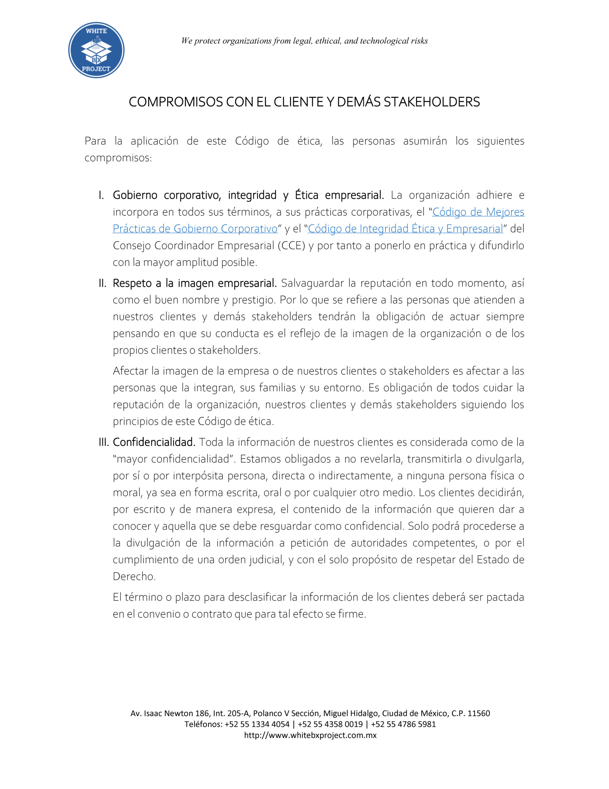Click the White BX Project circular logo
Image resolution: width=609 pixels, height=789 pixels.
tap(96, 50)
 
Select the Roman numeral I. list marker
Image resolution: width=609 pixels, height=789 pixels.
tap(101, 195)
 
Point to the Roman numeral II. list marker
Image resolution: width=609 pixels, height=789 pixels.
tap(103, 283)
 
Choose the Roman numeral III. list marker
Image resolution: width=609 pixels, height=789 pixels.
tap(104, 442)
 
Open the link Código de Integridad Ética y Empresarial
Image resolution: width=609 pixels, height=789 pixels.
tap(405, 229)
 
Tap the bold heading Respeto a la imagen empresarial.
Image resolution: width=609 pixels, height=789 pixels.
tap(195, 283)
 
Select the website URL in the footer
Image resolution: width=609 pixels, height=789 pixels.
tap(310, 735)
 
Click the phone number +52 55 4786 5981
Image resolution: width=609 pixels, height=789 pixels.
tap(403, 724)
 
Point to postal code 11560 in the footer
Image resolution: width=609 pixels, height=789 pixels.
tap(479, 713)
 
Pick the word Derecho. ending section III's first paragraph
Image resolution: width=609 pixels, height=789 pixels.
tap(134, 576)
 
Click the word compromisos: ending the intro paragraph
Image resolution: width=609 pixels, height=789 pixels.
tap(118, 158)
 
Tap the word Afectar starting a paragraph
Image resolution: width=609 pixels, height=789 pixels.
tap(131, 371)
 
